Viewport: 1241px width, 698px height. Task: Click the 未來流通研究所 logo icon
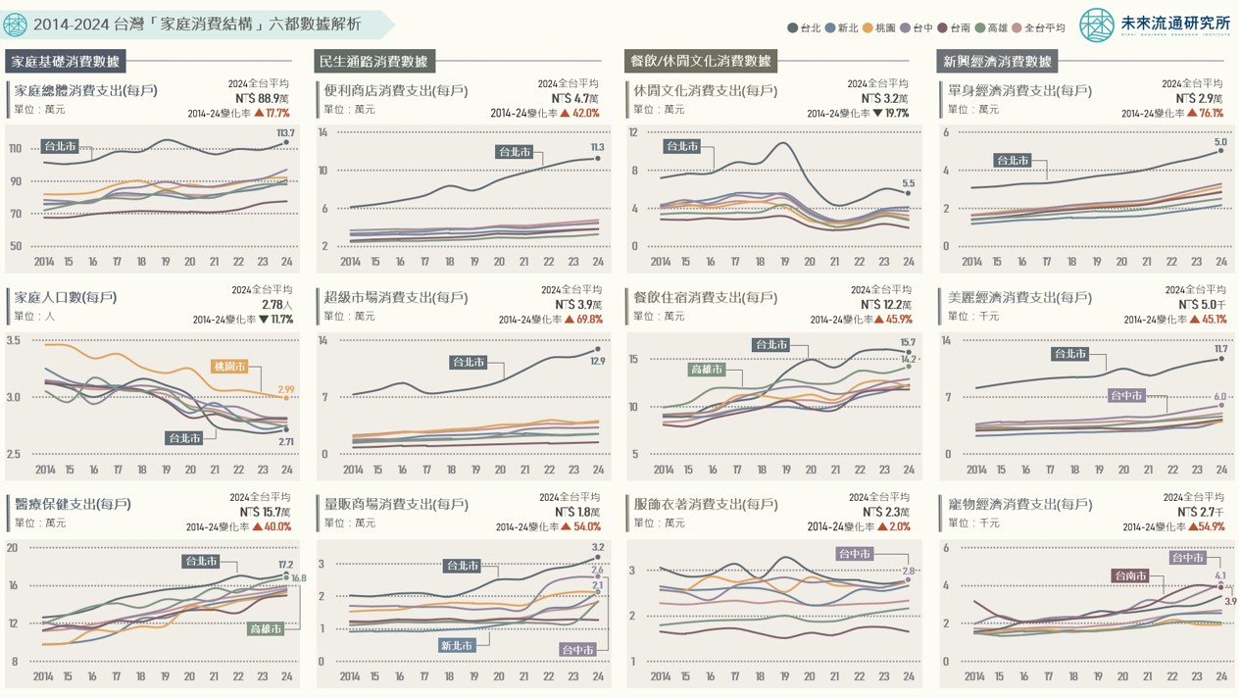[x=1097, y=25]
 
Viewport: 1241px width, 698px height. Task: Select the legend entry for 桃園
[x=877, y=28]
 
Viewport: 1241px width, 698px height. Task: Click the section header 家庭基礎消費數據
[x=65, y=62]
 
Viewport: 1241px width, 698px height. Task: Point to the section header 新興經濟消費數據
[x=998, y=62]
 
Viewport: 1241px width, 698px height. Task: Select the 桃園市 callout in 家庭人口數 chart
[x=229, y=366]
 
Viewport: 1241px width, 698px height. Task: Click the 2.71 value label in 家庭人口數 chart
[x=285, y=442]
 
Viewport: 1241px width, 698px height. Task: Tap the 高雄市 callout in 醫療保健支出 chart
[x=266, y=628]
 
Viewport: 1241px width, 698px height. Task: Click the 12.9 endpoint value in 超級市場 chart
[x=598, y=362]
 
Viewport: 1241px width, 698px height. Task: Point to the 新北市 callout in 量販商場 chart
[x=457, y=645]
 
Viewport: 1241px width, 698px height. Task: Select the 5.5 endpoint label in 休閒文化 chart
[x=909, y=183]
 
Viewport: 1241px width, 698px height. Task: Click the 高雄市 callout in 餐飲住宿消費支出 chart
[x=707, y=370]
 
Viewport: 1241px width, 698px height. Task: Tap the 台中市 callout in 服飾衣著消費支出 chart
[x=854, y=554]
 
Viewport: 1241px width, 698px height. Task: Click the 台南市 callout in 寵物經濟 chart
[x=1129, y=575]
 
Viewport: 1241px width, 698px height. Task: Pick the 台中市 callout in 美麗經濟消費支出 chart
[x=1126, y=395]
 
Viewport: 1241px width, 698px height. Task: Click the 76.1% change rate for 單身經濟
[x=1211, y=113]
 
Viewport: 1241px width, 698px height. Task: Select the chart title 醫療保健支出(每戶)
[x=73, y=504]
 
